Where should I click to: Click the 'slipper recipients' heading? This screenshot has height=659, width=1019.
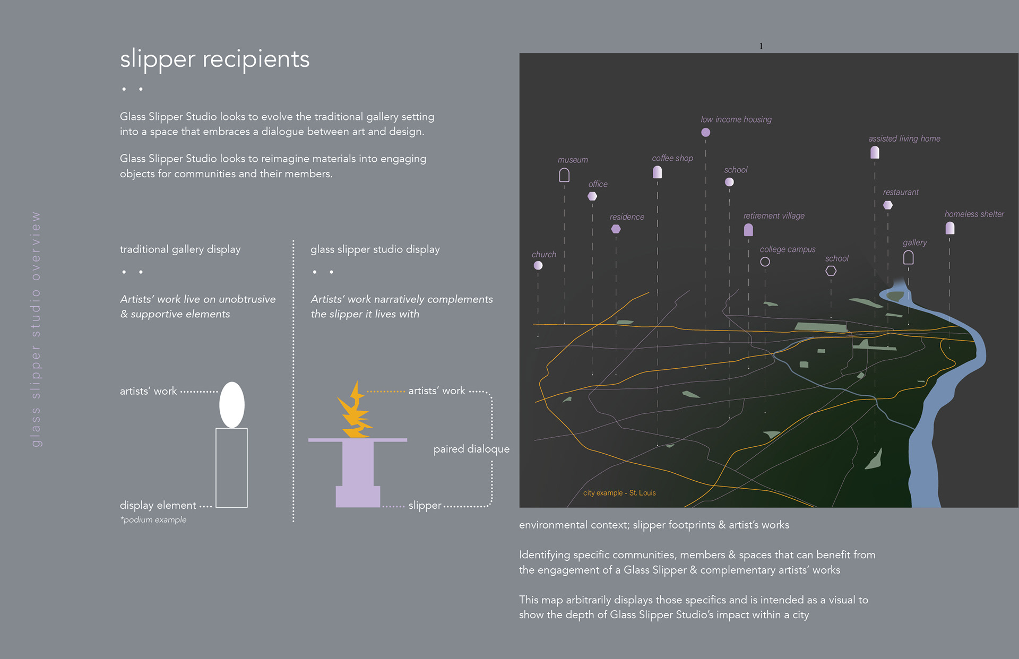(x=214, y=59)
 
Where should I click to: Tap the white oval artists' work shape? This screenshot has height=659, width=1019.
(x=232, y=404)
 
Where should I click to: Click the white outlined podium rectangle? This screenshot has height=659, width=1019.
(x=231, y=467)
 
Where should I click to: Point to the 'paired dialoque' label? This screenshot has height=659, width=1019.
(x=471, y=449)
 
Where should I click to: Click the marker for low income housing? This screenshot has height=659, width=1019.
(x=705, y=133)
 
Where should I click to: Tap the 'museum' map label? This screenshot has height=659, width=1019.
(x=573, y=160)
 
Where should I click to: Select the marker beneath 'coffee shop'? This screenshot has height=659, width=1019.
(x=657, y=172)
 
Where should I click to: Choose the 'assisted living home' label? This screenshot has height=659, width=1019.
(x=904, y=138)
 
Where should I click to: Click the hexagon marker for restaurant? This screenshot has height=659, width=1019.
(x=887, y=205)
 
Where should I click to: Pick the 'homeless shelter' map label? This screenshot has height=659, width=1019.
(x=974, y=214)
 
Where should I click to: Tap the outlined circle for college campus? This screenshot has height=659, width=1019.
(x=765, y=262)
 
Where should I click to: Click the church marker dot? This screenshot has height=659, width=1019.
(x=538, y=265)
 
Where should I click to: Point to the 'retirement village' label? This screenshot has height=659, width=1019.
(x=774, y=215)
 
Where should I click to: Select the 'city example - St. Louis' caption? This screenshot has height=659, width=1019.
(x=619, y=493)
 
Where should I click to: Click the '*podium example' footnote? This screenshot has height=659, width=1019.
(x=153, y=520)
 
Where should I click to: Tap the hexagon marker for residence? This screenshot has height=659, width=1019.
(x=616, y=229)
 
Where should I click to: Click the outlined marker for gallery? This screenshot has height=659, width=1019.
(x=908, y=257)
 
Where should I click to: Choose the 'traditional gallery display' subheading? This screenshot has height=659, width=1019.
(x=180, y=249)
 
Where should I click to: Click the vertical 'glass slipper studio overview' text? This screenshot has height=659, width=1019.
(x=36, y=329)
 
